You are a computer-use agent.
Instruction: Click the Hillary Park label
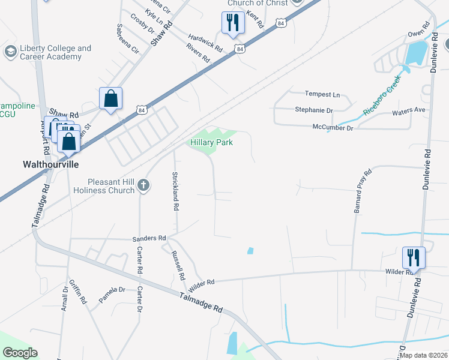[211, 142]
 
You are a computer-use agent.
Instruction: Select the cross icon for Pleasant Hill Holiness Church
[143, 185]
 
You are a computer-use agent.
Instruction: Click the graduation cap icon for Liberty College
[10, 52]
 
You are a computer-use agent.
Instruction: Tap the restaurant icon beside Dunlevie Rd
[414, 258]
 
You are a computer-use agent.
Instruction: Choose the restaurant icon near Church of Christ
[232, 23]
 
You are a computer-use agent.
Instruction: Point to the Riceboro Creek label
[381, 95]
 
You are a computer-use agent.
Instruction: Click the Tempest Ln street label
[322, 95]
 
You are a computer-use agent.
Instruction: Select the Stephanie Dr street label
[313, 110]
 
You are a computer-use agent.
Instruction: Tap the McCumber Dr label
[333, 127]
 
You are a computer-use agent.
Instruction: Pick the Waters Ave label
[408, 111]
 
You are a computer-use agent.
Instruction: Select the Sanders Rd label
[149, 238]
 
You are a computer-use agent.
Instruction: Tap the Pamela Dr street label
[112, 293]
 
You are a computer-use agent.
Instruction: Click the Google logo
[19, 353]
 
